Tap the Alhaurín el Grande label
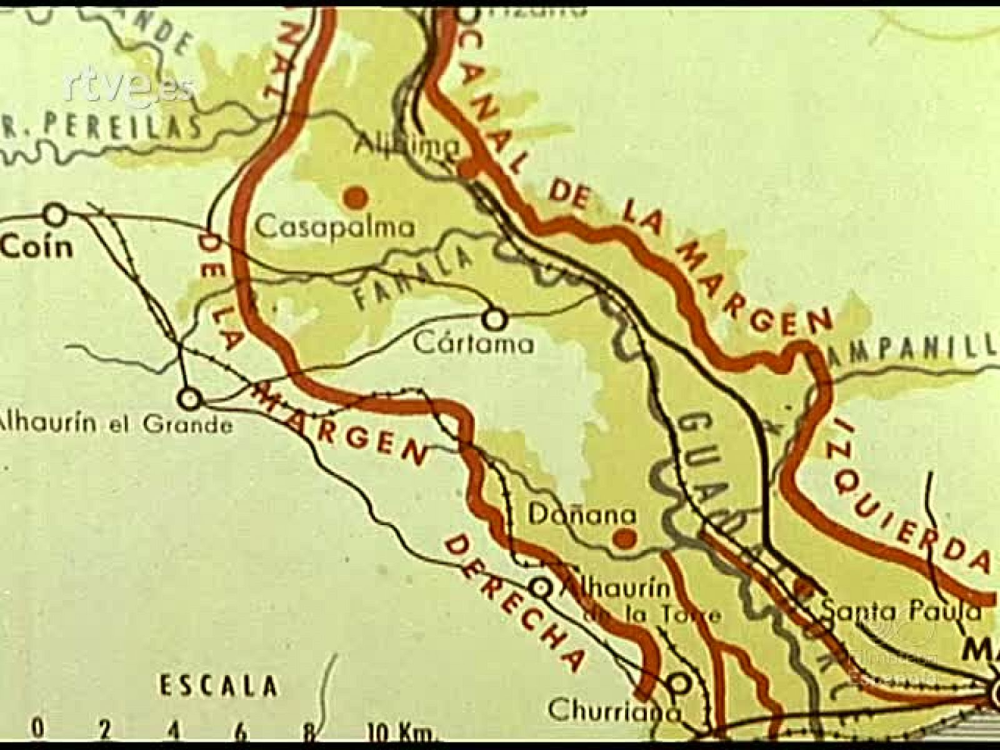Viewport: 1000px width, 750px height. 116,424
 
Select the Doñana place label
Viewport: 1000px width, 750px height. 582,514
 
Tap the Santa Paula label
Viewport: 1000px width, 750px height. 900,611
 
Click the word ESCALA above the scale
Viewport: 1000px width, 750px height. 217,686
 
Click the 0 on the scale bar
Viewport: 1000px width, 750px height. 39,729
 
